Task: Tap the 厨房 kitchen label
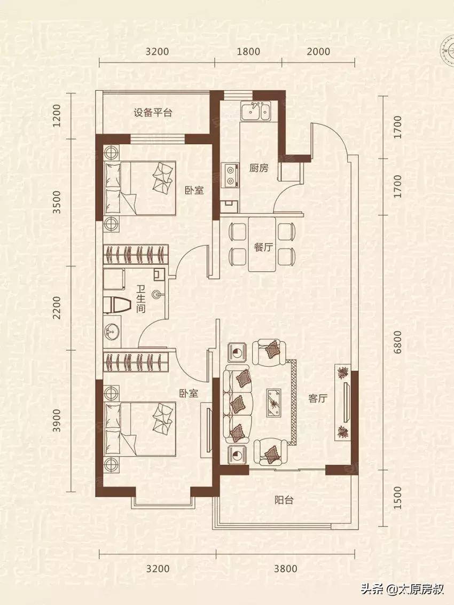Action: coord(259,168)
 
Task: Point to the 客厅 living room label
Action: coord(317,398)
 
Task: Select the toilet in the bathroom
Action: coord(118,305)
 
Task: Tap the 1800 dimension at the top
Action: coord(248,52)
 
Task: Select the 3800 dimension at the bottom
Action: coord(285,569)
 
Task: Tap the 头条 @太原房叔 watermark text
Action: coord(403,590)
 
